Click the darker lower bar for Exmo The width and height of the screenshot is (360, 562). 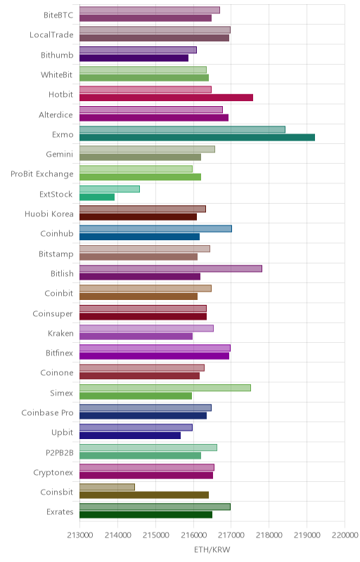click(197, 137)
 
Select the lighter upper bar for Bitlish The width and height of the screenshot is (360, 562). click(171, 268)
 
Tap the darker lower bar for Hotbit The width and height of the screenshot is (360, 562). click(167, 98)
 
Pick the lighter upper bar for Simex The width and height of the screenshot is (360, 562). click(165, 388)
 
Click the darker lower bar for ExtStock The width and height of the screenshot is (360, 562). click(97, 197)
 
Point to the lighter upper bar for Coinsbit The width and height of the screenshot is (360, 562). click(107, 487)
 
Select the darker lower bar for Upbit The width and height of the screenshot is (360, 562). click(130, 436)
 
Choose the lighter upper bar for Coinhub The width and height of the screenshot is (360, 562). click(155, 229)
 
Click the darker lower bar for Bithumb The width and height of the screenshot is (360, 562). click(134, 58)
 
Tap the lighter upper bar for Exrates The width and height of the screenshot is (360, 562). click(155, 507)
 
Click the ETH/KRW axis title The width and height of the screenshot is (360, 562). click(212, 550)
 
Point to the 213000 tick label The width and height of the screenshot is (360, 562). click(80, 535)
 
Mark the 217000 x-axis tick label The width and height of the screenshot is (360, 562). click(231, 535)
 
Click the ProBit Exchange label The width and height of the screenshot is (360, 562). click(42, 174)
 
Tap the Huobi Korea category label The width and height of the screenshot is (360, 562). click(49, 214)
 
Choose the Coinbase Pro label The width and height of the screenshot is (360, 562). click(47, 413)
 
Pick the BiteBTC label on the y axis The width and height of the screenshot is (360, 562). click(58, 15)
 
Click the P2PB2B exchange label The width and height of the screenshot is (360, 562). click(60, 452)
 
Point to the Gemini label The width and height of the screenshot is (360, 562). click(60, 154)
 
